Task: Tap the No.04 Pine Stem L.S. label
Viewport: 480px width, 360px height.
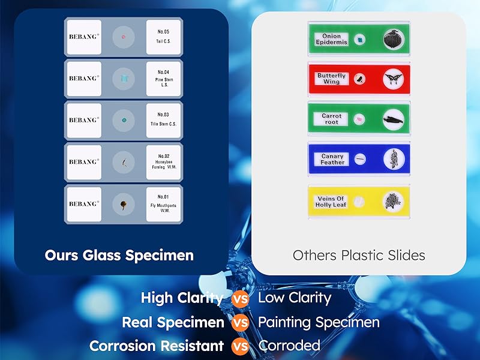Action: click(163, 78)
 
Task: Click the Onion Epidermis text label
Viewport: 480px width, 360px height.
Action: click(331, 39)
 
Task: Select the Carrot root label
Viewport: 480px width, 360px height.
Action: click(332, 119)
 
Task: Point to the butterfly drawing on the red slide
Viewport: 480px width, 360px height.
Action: click(394, 79)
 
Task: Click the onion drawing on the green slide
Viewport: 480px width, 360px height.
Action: click(394, 40)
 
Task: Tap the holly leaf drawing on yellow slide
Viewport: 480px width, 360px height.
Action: click(394, 201)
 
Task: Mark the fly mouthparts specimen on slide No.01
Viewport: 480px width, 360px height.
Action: click(123, 204)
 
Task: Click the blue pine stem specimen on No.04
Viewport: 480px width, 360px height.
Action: click(124, 78)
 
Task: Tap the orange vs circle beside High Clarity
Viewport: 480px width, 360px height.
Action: click(241, 298)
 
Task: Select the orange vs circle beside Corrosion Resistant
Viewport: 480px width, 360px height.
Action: click(241, 346)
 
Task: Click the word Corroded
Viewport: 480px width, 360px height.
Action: click(289, 346)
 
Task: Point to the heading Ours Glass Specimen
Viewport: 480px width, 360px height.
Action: click(119, 255)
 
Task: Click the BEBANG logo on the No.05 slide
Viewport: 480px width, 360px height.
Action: click(84, 37)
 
